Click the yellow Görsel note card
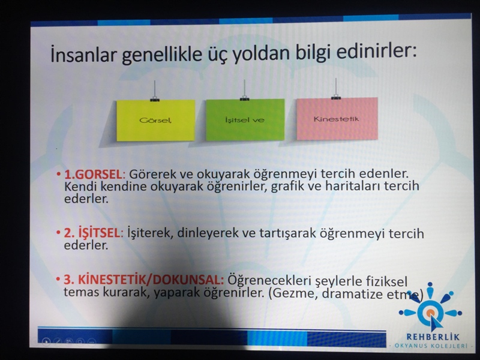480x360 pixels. pyautogui.click(x=155, y=121)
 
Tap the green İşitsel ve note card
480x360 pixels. pyautogui.click(x=245, y=119)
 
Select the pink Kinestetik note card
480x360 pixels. pyautogui.click(x=337, y=118)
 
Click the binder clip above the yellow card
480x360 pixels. pyautogui.click(x=155, y=98)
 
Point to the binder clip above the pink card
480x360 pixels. pyautogui.click(x=336, y=97)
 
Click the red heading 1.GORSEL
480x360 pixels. pyautogui.click(x=93, y=175)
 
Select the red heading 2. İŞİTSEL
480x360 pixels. pyautogui.click(x=92, y=233)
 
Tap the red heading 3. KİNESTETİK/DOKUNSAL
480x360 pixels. pyautogui.click(x=143, y=280)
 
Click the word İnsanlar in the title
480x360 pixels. pyautogui.click(x=83, y=55)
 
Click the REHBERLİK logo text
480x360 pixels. pyautogui.click(x=433, y=337)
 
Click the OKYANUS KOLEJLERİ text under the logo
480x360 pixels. pyautogui.click(x=431, y=346)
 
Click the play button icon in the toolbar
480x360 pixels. pyautogui.click(x=46, y=341)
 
